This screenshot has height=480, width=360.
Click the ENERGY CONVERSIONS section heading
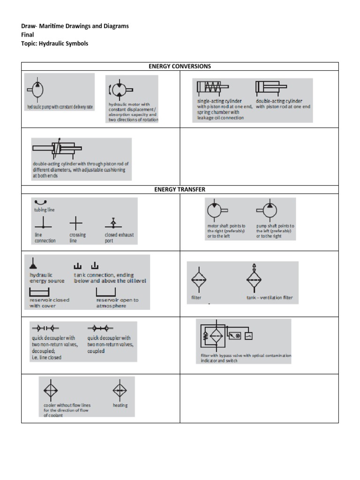(180, 66)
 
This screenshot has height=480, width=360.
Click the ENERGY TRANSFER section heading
(180, 189)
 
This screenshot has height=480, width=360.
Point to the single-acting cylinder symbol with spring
(212, 87)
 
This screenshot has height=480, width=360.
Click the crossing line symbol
(76, 222)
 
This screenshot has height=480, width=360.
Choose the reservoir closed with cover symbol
(39, 292)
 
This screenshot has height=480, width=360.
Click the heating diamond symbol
(120, 390)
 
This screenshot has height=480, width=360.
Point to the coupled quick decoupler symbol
(100, 328)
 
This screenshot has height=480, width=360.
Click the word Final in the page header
(28, 35)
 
